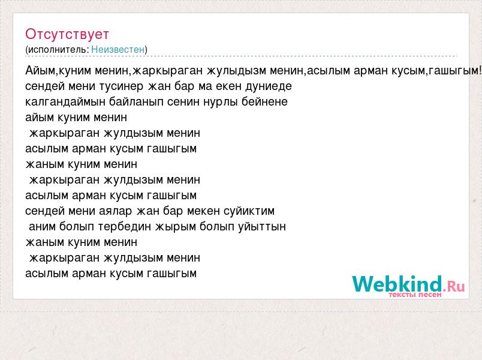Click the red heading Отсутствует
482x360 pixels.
click(67, 34)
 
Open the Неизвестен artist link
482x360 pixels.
click(118, 50)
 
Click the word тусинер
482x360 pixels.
click(121, 86)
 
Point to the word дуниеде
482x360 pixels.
click(269, 86)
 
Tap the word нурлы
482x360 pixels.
click(221, 102)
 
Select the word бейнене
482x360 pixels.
click(264, 102)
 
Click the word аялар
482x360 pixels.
click(115, 211)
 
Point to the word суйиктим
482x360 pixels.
click(249, 211)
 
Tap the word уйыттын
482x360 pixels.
click(262, 227)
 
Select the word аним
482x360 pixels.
click(43, 227)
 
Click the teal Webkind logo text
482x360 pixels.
click(397, 284)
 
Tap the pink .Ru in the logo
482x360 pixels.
click(454, 286)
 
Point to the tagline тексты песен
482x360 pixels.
click(415, 295)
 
